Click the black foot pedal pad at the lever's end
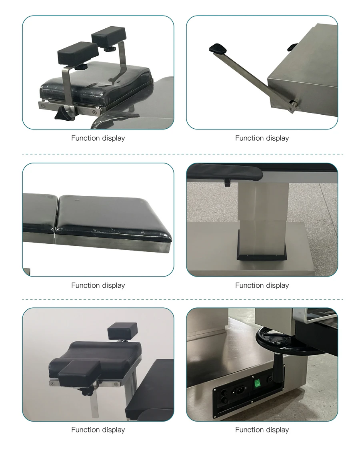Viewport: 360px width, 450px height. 218,49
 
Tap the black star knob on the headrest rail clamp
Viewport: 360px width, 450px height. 63,115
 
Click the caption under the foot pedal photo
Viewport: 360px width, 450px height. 262,138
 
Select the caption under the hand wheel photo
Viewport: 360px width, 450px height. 262,430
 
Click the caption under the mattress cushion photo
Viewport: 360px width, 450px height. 98,285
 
